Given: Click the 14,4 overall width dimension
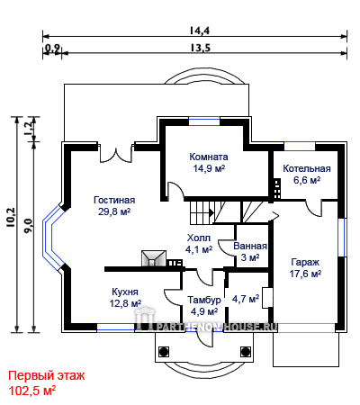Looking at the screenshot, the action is (200, 31).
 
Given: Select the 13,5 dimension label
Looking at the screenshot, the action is (200, 48).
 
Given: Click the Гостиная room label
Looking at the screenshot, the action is (114, 200).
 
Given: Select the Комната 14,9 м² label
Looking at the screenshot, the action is (209, 162).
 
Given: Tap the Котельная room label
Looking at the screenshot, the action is (307, 168).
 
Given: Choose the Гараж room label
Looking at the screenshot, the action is (305, 263).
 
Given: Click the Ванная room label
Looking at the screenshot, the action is (250, 246).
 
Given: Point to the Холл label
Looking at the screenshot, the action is (199, 238).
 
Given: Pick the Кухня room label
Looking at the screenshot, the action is (125, 292).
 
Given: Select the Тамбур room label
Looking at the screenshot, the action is (204, 300).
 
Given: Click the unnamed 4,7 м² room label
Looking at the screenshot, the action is (246, 299).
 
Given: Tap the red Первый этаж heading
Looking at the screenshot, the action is (47, 375).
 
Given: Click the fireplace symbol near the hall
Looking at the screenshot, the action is (154, 258).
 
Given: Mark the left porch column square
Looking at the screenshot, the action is (164, 351).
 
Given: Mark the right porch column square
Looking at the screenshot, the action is (246, 351).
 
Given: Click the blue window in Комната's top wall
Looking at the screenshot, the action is (204, 121).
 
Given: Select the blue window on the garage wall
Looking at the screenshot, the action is (342, 238).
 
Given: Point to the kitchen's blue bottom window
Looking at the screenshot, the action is (115, 328).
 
